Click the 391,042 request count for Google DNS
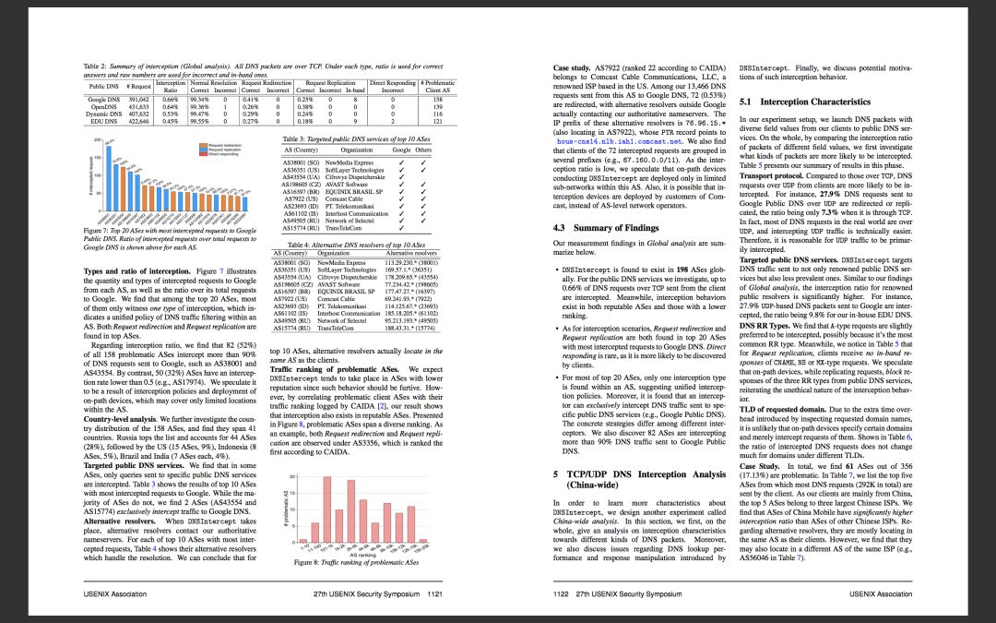pyautogui.click(x=138, y=98)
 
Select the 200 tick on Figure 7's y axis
pyautogui.click(x=96, y=140)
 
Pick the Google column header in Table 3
pyautogui.click(x=401, y=149)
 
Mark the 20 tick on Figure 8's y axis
pyautogui.click(x=291, y=476)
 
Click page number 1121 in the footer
pyautogui.click(x=436, y=594)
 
